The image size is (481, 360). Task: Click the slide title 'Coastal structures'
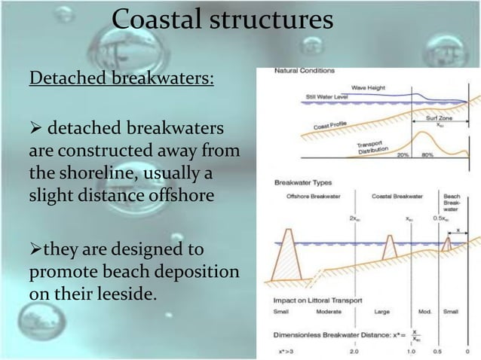pos(222,20)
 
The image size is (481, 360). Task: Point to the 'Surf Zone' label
pos(449,120)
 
